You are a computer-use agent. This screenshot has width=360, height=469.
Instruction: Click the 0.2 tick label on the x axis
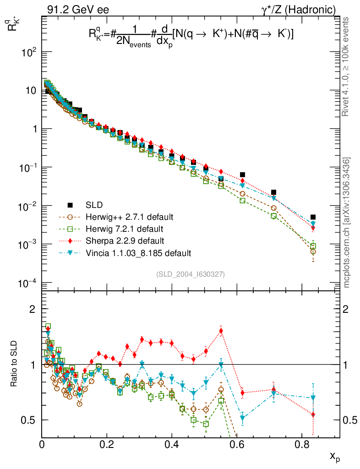point(107,444)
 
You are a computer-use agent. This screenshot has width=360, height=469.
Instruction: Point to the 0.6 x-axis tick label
point(236,444)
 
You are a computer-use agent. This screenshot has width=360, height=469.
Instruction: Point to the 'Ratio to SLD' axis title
point(15,365)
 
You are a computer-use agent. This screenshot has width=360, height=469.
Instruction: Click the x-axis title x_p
point(334,456)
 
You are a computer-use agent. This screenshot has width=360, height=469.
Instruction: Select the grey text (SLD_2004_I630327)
point(190,274)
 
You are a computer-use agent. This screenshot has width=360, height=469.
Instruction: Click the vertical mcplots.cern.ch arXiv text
point(347,222)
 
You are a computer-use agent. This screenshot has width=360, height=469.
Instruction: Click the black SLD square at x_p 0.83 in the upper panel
point(313,217)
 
